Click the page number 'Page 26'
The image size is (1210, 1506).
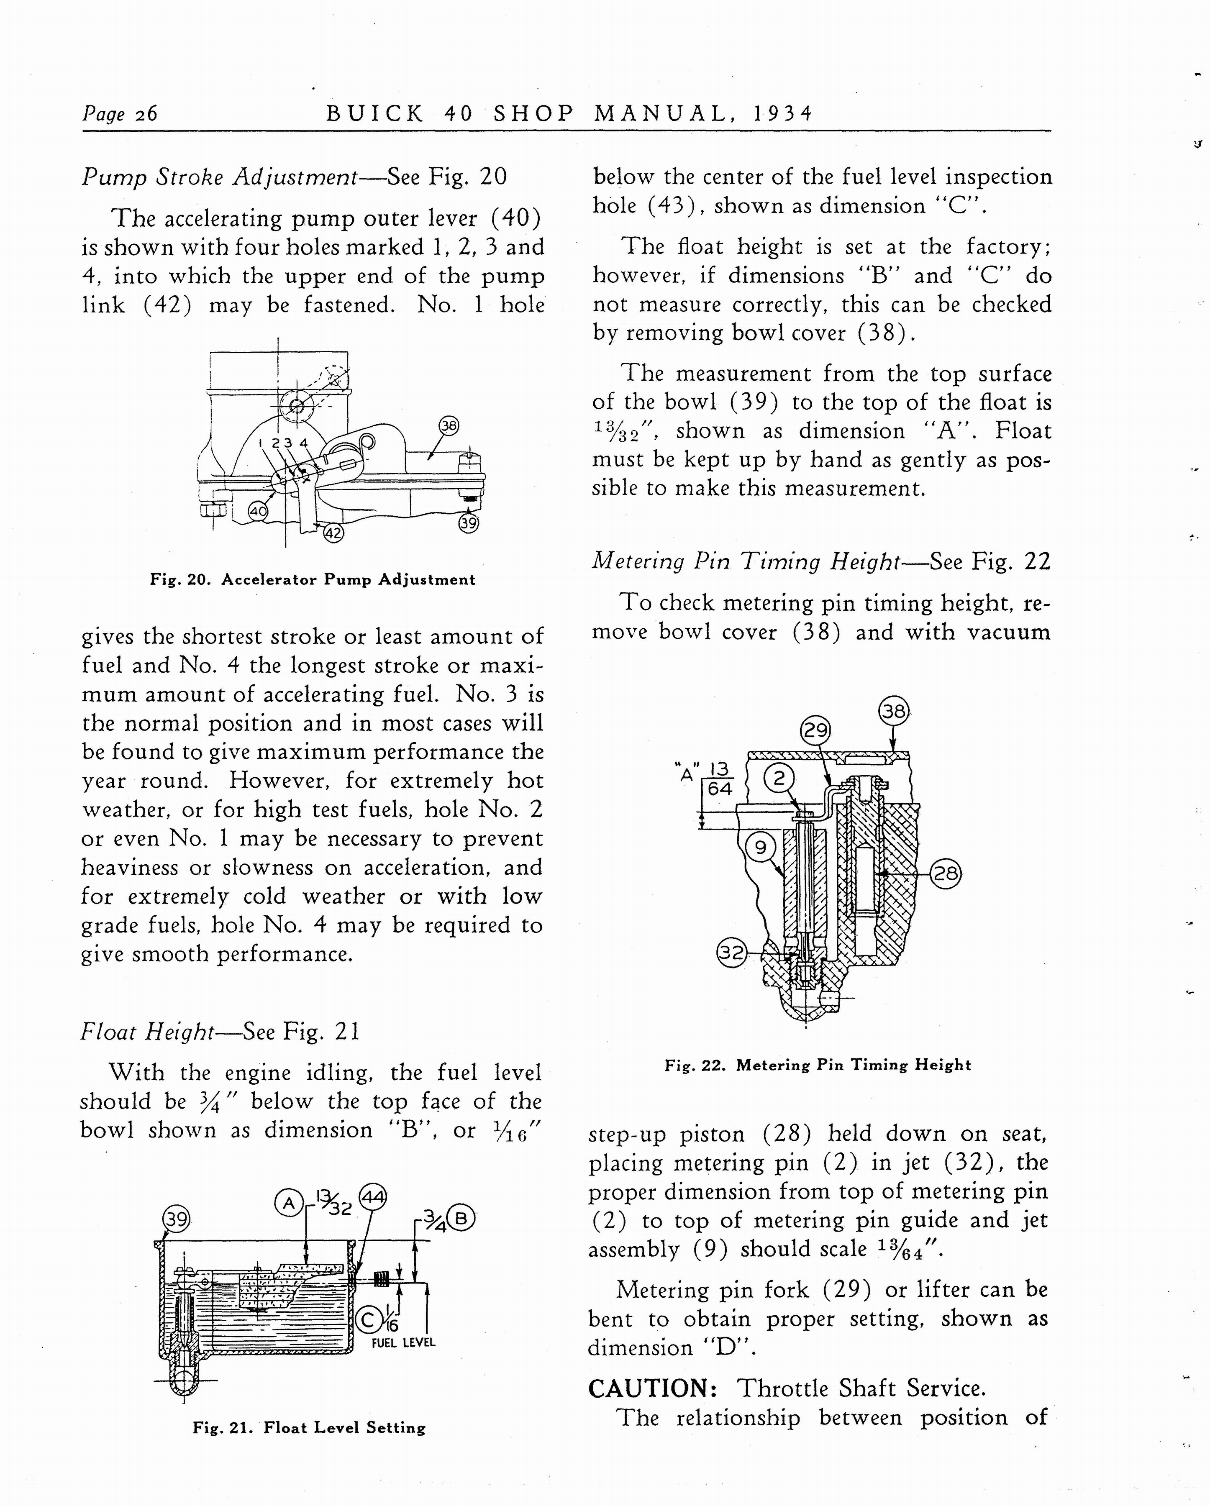coord(120,113)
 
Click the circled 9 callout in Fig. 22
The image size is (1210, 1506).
coord(761,847)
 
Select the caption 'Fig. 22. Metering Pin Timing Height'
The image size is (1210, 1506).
coord(818,1065)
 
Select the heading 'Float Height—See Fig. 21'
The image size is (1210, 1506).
coord(220,1032)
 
